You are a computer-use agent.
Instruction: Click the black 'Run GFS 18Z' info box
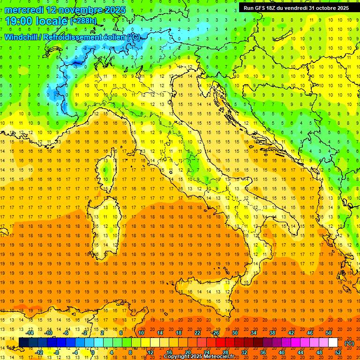pos(296,7)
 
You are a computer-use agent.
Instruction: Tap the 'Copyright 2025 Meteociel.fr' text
pos(199,357)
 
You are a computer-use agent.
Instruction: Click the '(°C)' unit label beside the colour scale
pos(349,343)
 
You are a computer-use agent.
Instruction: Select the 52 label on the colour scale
pos(338,352)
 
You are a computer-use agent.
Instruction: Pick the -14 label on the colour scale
pos(30,333)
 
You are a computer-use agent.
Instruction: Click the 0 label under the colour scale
pos(93,352)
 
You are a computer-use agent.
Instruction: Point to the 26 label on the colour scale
pos(216,333)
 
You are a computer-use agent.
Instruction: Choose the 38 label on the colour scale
pos(272,333)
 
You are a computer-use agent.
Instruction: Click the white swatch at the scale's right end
pos(333,343)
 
